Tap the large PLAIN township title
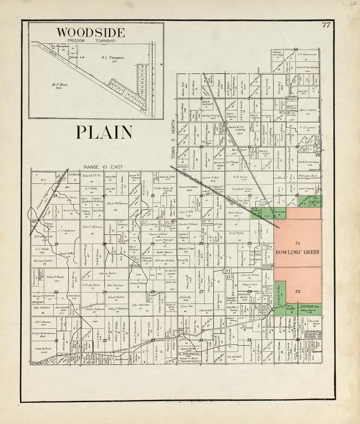pyautogui.click(x=104, y=132)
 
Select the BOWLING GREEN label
pyautogui.click(x=297, y=252)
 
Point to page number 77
pyautogui.click(x=326, y=26)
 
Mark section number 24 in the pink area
pyautogui.click(x=297, y=243)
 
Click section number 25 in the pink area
pyautogui.click(x=297, y=291)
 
